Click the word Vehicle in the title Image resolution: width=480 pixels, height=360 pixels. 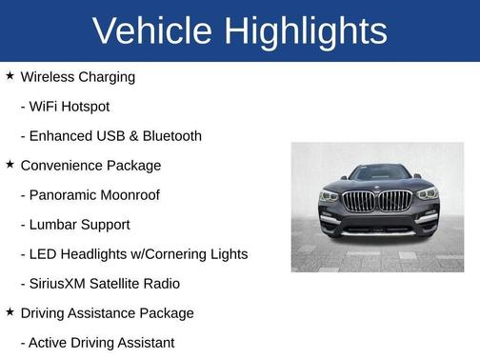152,31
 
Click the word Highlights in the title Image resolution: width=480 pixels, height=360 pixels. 305,31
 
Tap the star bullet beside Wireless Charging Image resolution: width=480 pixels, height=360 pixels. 10,75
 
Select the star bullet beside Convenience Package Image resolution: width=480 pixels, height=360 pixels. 10,164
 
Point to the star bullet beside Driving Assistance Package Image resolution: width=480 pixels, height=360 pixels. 10,311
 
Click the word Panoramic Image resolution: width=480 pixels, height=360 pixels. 65,194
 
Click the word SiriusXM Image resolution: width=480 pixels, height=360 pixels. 63,284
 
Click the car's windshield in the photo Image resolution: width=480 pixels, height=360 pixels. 378,173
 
